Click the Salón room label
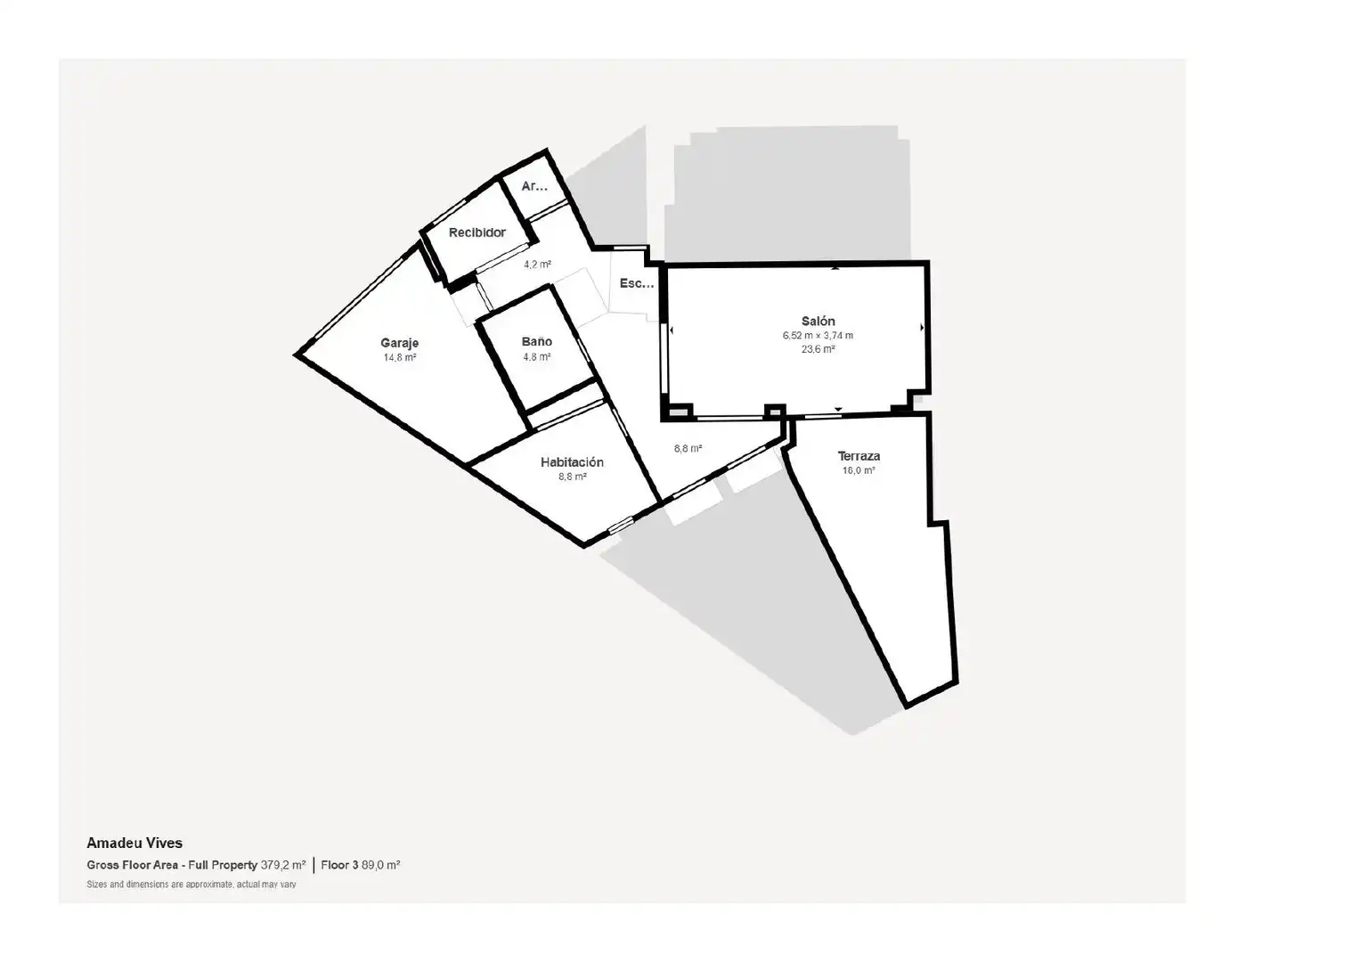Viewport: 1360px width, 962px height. tap(818, 321)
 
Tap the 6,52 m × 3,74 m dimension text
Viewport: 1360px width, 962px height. tap(818, 335)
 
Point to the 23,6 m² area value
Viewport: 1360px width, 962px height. tap(818, 349)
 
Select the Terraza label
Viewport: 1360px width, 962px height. tap(859, 456)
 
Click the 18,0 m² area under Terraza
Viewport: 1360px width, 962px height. tap(859, 470)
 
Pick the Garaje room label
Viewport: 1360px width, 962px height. tap(400, 343)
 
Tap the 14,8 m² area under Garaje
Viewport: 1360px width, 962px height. tap(400, 358)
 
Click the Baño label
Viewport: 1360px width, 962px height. tap(537, 342)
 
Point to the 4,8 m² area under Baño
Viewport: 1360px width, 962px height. tap(537, 357)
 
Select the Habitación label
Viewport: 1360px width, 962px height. tap(572, 462)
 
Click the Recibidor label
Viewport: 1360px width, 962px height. tap(477, 232)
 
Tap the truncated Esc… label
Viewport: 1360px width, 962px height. tap(637, 283)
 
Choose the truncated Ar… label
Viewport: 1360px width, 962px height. tap(534, 186)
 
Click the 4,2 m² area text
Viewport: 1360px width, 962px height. tap(537, 265)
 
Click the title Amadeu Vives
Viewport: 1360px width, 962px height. tap(134, 843)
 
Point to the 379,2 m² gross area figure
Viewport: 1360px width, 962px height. tap(283, 865)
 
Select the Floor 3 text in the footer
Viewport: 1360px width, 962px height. tap(340, 865)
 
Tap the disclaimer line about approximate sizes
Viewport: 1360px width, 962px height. tap(191, 885)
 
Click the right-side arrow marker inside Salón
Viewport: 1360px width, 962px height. tap(922, 328)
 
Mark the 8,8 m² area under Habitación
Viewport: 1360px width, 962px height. tap(573, 477)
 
